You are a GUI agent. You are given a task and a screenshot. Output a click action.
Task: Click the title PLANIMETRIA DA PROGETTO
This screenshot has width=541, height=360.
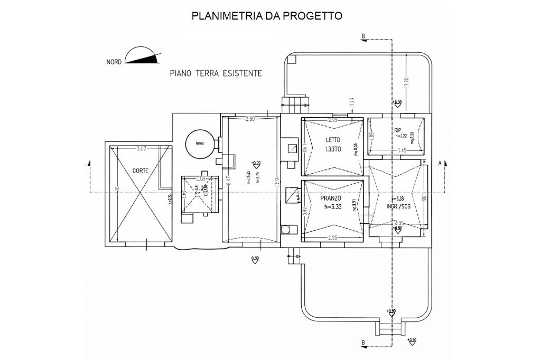[267, 16]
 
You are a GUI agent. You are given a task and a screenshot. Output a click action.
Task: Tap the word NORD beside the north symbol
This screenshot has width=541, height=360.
[114, 62]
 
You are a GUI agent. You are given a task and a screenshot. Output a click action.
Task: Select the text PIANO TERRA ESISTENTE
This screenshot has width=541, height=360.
[216, 74]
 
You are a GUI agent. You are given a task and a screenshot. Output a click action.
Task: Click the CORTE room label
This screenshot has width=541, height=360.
[141, 170]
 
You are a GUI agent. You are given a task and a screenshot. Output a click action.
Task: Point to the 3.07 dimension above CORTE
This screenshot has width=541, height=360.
[141, 149]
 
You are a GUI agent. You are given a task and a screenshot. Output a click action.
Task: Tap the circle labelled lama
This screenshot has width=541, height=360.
[199, 143]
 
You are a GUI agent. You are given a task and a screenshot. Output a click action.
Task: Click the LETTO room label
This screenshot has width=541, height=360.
[332, 140]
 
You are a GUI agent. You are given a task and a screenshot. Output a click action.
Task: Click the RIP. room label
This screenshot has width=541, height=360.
[398, 129]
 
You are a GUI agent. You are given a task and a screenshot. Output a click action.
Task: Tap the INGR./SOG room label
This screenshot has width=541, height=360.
[398, 206]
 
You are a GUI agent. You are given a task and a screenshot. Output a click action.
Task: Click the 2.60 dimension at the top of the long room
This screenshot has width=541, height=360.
[249, 120]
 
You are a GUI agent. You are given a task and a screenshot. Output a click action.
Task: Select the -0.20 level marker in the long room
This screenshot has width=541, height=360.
[256, 163]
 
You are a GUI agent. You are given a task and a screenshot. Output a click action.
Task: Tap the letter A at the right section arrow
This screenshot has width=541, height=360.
[440, 164]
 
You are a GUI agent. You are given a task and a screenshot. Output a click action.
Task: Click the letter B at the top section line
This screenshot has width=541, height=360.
[363, 36]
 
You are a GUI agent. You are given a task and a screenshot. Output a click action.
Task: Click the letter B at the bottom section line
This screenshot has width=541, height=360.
[363, 343]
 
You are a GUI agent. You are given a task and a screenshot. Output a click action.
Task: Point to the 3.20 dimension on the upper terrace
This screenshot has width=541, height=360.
[406, 82]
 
